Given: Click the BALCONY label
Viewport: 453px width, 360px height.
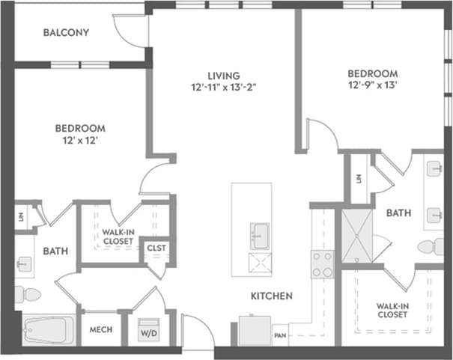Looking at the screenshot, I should [x=66, y=33].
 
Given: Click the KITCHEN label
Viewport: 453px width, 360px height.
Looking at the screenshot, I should [x=271, y=296].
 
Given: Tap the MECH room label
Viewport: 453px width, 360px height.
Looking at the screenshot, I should [x=101, y=329].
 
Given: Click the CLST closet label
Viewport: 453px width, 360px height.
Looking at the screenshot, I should [x=156, y=248].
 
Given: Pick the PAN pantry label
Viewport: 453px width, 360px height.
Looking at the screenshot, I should [x=281, y=335].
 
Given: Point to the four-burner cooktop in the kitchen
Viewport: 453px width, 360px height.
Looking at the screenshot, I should [x=322, y=263].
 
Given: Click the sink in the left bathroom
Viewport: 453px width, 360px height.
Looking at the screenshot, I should [x=24, y=263].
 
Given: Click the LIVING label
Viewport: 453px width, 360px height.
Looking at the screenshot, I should [x=224, y=76].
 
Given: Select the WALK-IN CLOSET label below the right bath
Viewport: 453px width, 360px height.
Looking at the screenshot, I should [x=392, y=309].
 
